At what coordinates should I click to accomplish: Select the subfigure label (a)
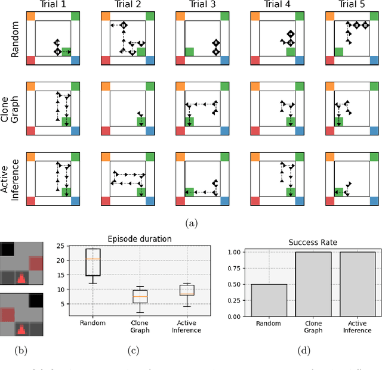pyautogui.click(x=191, y=223)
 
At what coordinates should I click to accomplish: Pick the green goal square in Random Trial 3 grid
pyautogui.click(x=189, y=52)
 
